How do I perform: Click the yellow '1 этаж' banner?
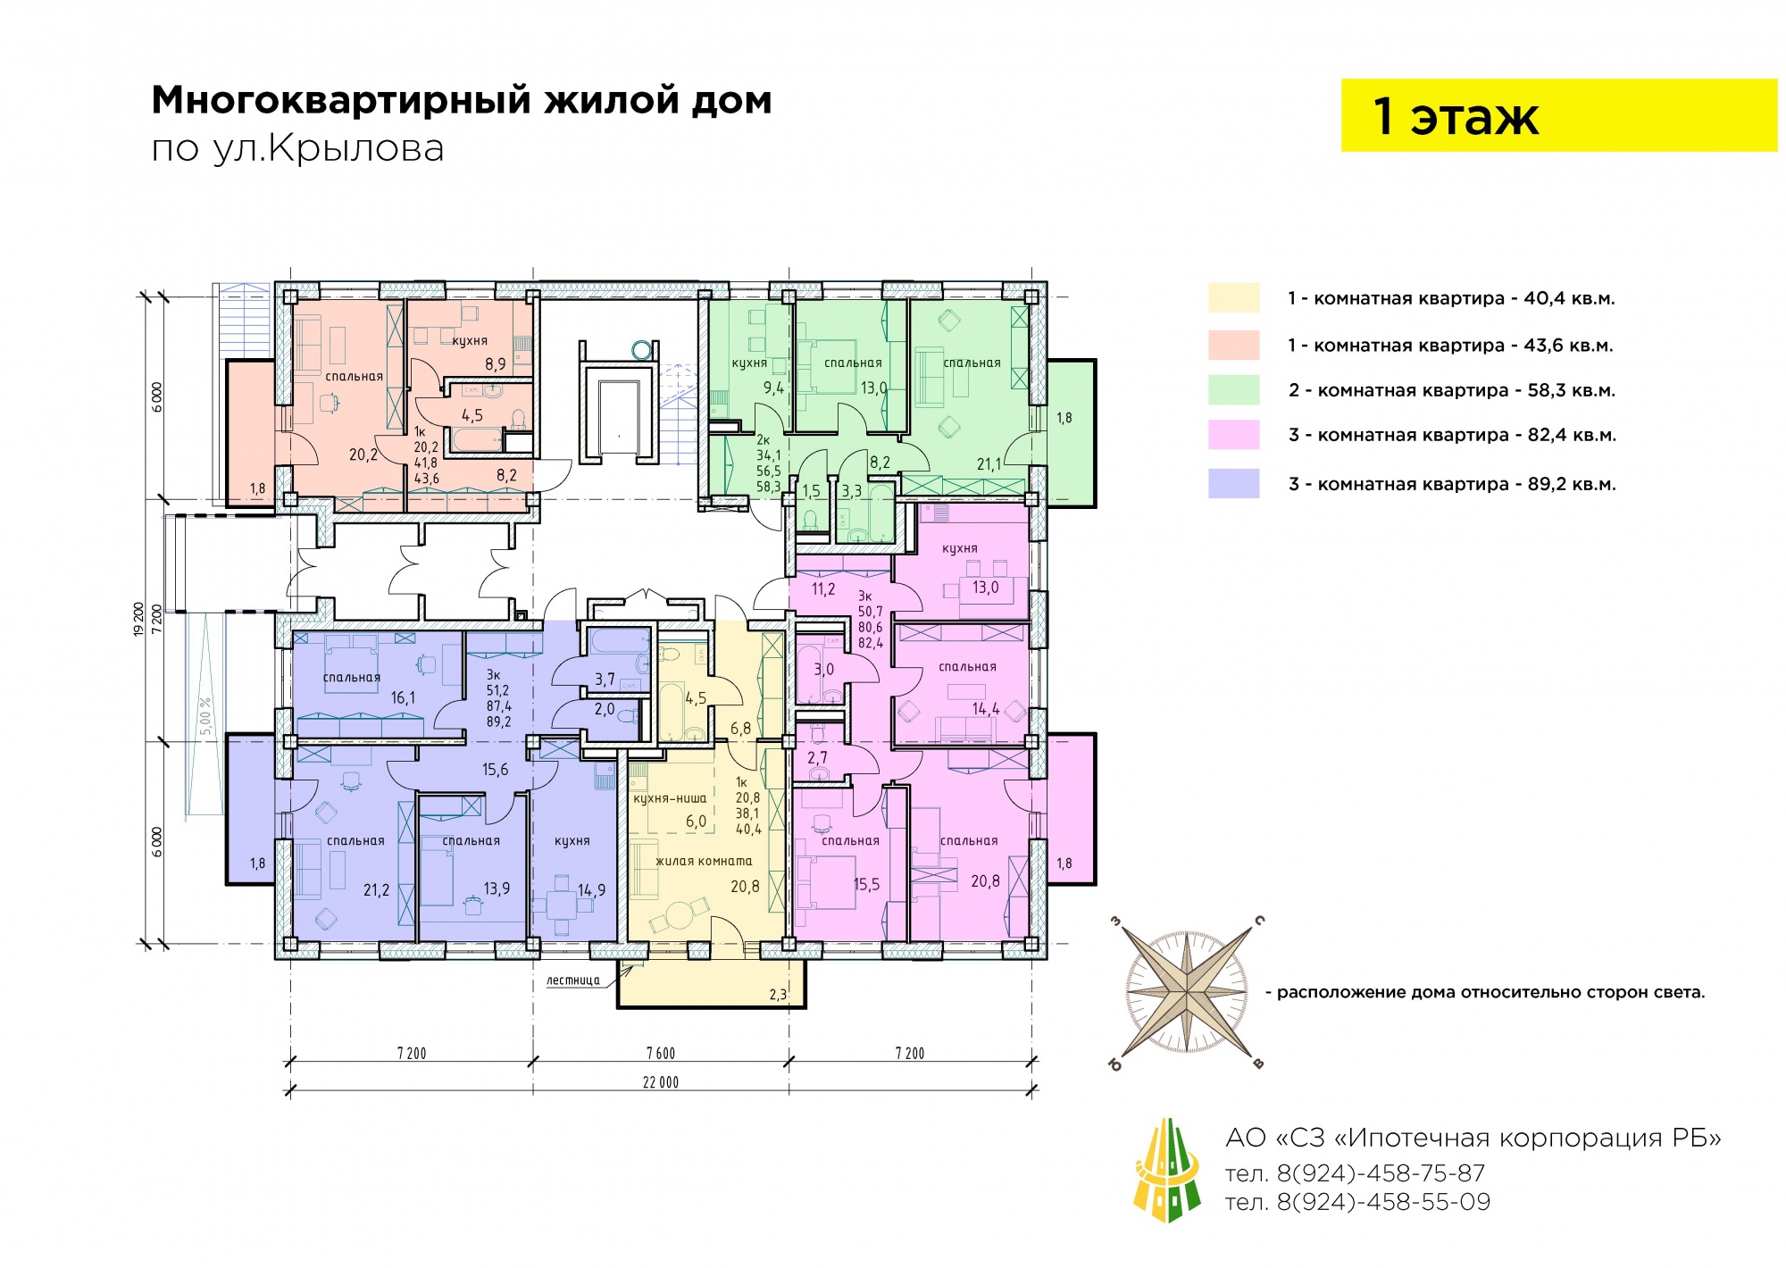(1558, 115)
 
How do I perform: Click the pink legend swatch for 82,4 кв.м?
(1233, 435)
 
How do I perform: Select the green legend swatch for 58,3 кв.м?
(1233, 390)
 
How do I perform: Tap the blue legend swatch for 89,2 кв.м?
(1233, 484)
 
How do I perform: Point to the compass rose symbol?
(1187, 992)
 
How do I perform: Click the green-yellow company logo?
(1166, 1170)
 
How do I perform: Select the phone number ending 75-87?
(1355, 1173)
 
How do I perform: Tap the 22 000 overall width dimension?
(661, 1082)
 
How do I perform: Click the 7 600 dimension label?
(661, 1054)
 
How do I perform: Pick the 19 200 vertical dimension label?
(138, 619)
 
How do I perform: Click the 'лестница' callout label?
(573, 980)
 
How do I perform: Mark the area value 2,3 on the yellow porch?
(778, 995)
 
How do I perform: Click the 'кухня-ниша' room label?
(670, 799)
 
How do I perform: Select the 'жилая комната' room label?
(704, 862)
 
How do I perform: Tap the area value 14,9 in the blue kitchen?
(591, 890)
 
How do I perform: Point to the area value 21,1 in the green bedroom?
(989, 464)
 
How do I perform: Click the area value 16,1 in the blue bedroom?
(403, 698)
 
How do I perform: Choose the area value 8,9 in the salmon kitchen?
(496, 364)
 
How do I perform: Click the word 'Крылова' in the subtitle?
(356, 149)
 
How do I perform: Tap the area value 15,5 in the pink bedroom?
(866, 885)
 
